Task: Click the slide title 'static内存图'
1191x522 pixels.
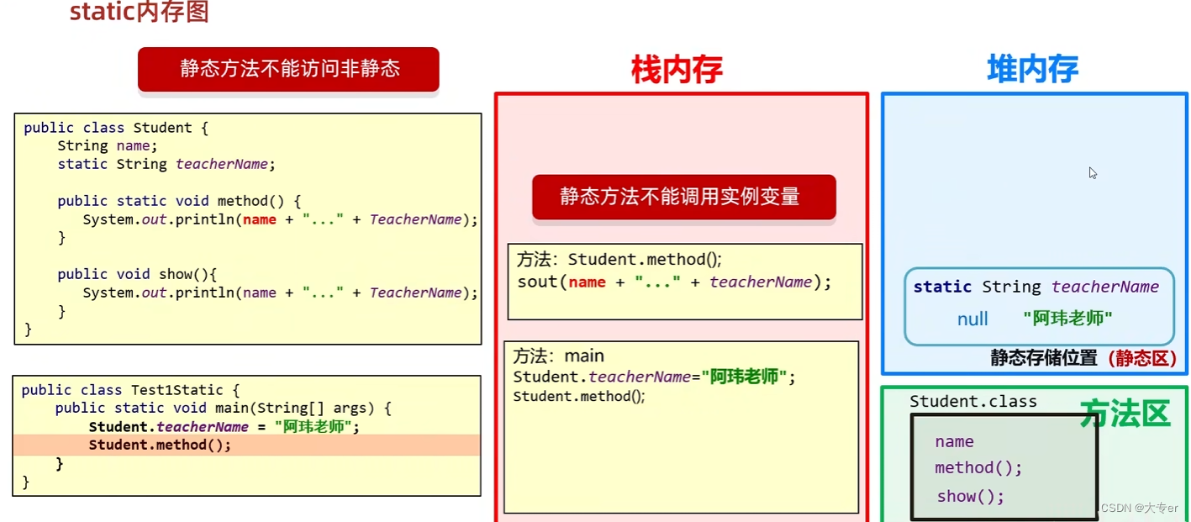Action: pyautogui.click(x=139, y=13)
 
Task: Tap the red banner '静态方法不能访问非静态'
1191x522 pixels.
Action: pyautogui.click(x=288, y=69)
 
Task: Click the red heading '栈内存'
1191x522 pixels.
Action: pyautogui.click(x=677, y=70)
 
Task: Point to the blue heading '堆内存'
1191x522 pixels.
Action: pyautogui.click(x=1032, y=70)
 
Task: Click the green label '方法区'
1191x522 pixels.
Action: pyautogui.click(x=1125, y=414)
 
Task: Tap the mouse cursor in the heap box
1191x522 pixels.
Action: pyautogui.click(x=1092, y=172)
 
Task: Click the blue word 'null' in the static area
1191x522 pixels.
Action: pyautogui.click(x=972, y=319)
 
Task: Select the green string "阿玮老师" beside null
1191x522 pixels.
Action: pyautogui.click(x=1067, y=319)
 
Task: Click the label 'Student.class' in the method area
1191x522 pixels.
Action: pyautogui.click(x=972, y=402)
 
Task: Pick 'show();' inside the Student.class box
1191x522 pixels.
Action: pyautogui.click(x=971, y=496)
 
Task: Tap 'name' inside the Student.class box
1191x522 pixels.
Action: pyautogui.click(x=954, y=441)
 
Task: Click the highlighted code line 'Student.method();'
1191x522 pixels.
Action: pyautogui.click(x=160, y=445)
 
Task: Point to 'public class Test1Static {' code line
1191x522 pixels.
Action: pyautogui.click(x=130, y=390)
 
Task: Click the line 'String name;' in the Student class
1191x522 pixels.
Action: pyautogui.click(x=108, y=146)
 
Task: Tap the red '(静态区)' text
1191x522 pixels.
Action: pyautogui.click(x=1141, y=358)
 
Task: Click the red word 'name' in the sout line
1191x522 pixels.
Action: pyautogui.click(x=587, y=282)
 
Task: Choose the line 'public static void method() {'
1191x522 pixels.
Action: pyautogui.click(x=179, y=201)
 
